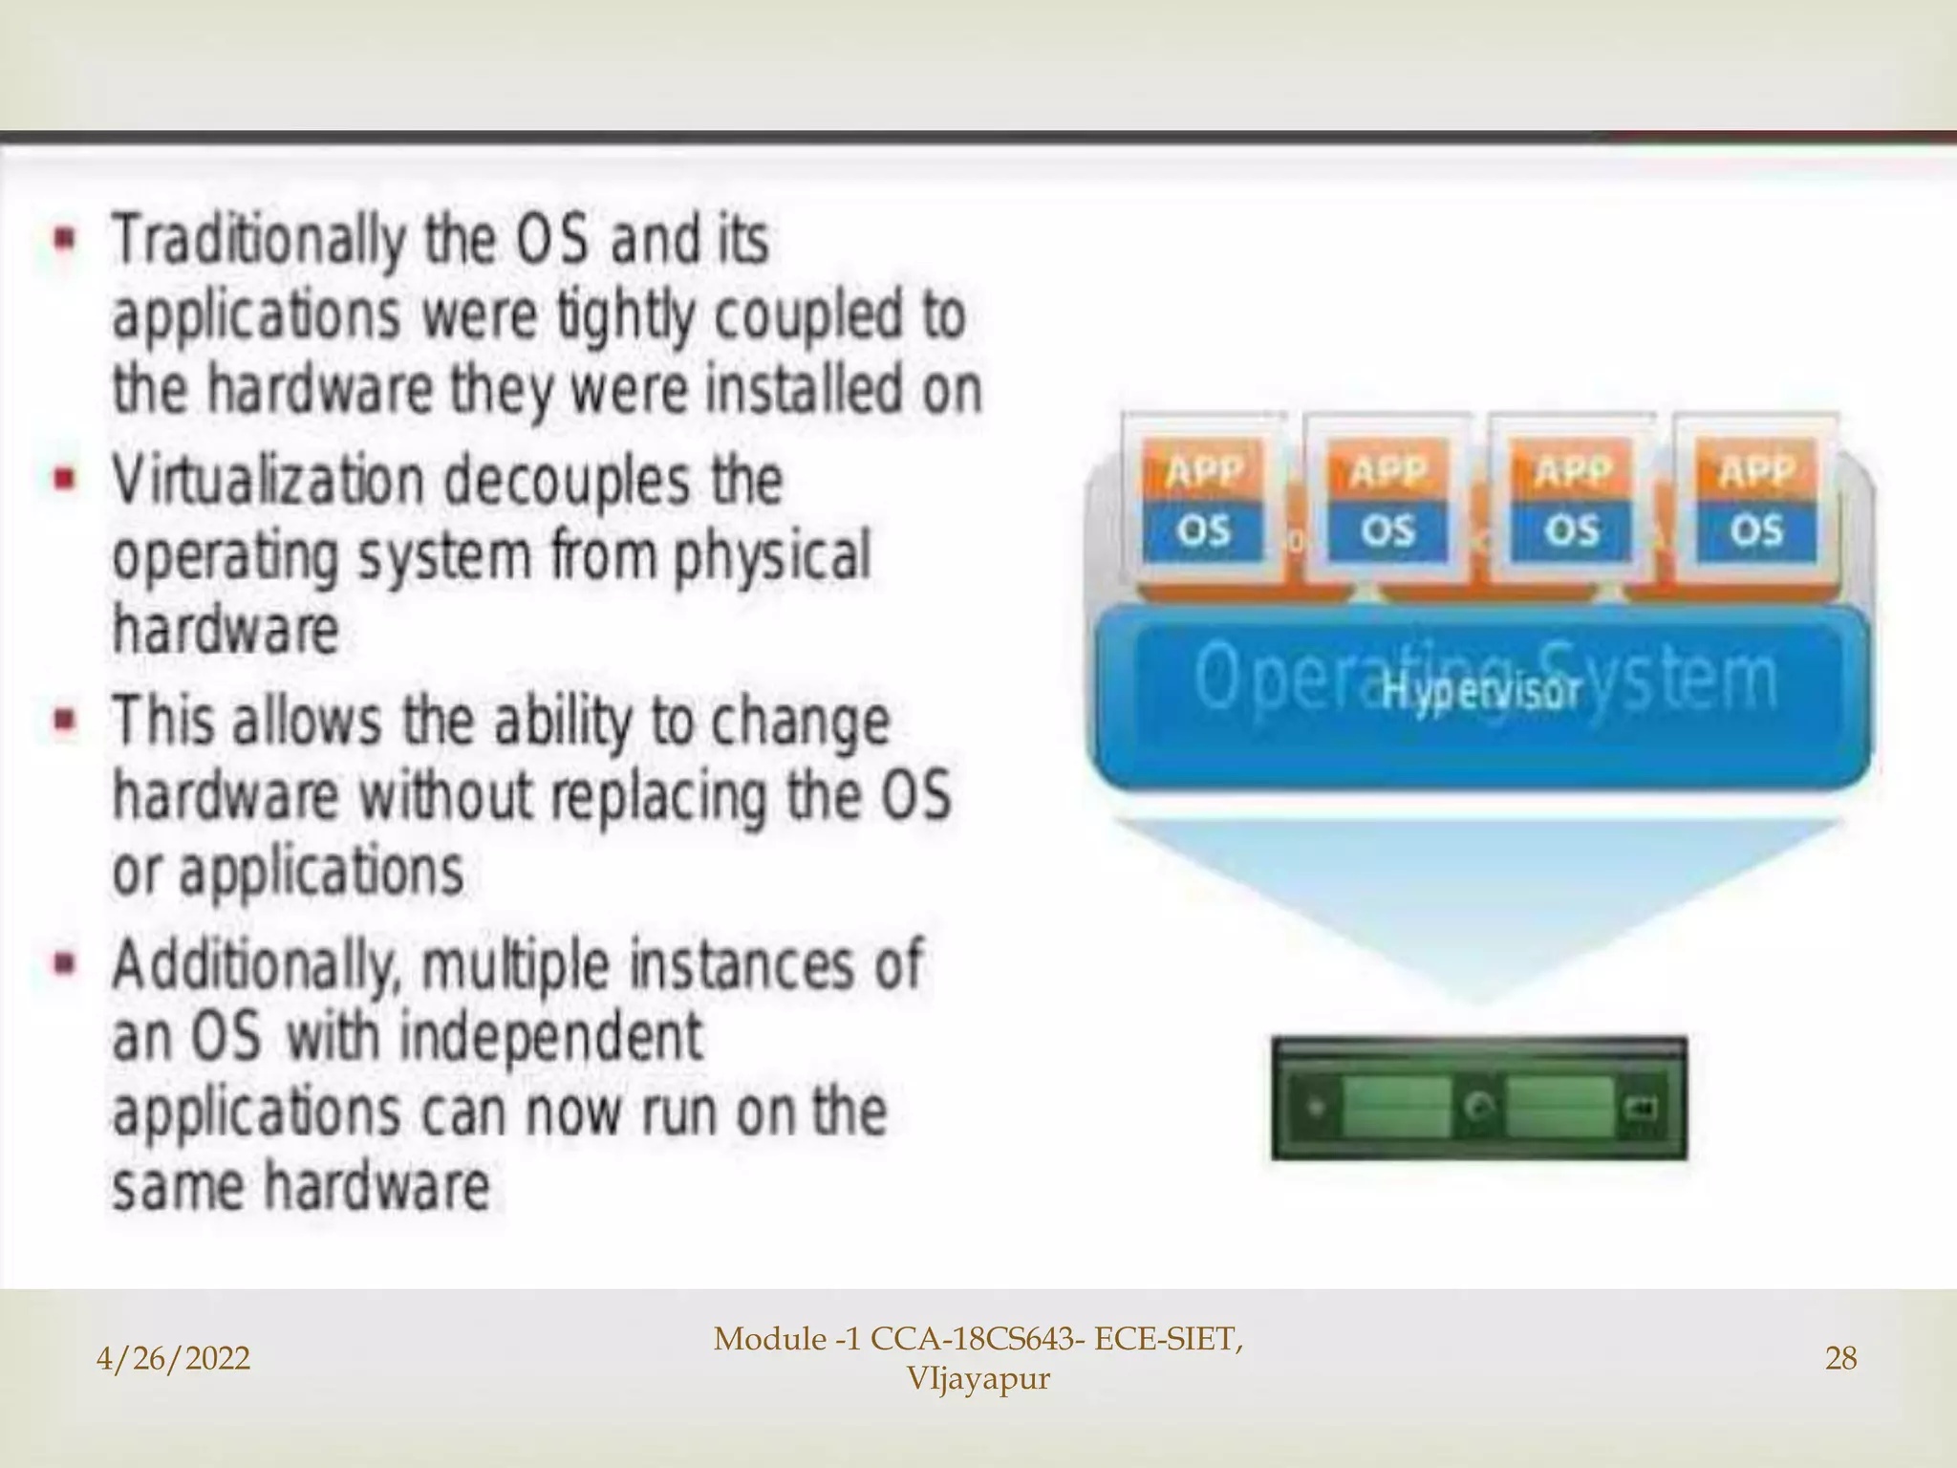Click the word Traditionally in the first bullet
tap(258, 241)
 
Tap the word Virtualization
tap(269, 481)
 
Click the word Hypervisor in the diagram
tap(1480, 691)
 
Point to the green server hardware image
tap(1479, 1099)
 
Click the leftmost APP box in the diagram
tap(1204, 471)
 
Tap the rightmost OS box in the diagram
tap(1756, 530)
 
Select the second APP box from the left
tap(1387, 471)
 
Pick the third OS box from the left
tap(1572, 530)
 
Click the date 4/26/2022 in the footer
tap(174, 1358)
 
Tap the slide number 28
tap(1840, 1358)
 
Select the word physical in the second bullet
tap(772, 556)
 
